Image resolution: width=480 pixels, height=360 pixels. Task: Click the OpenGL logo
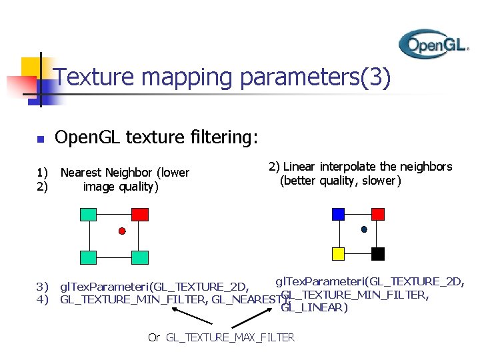(x=433, y=44)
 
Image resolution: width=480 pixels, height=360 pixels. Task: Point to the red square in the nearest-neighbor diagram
(x=139, y=214)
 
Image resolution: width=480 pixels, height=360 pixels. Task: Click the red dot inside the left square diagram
(x=122, y=231)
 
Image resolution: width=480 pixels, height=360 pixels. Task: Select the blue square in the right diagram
(x=338, y=213)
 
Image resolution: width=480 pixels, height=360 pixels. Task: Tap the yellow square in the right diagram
(x=338, y=253)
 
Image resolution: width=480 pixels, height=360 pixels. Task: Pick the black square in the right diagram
(x=378, y=253)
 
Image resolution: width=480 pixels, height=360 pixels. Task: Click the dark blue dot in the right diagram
(x=364, y=229)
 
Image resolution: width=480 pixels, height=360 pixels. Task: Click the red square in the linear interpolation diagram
(x=378, y=213)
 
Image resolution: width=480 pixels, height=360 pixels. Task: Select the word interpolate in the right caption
(x=346, y=167)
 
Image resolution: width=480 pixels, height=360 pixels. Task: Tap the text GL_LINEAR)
(x=314, y=308)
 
